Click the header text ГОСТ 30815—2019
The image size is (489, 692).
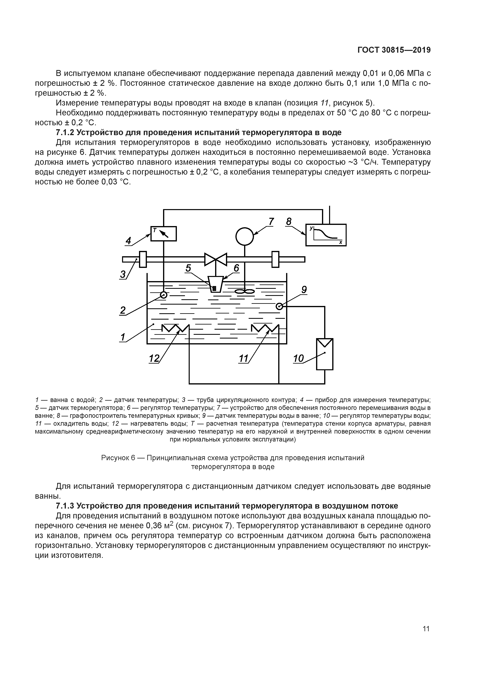[394, 50]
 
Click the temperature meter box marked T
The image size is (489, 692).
[163, 234]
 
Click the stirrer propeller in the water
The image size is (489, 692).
[245, 291]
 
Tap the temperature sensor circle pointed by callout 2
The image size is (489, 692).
[164, 295]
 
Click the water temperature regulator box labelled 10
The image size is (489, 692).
[325, 354]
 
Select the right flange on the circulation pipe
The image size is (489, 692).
[275, 259]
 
